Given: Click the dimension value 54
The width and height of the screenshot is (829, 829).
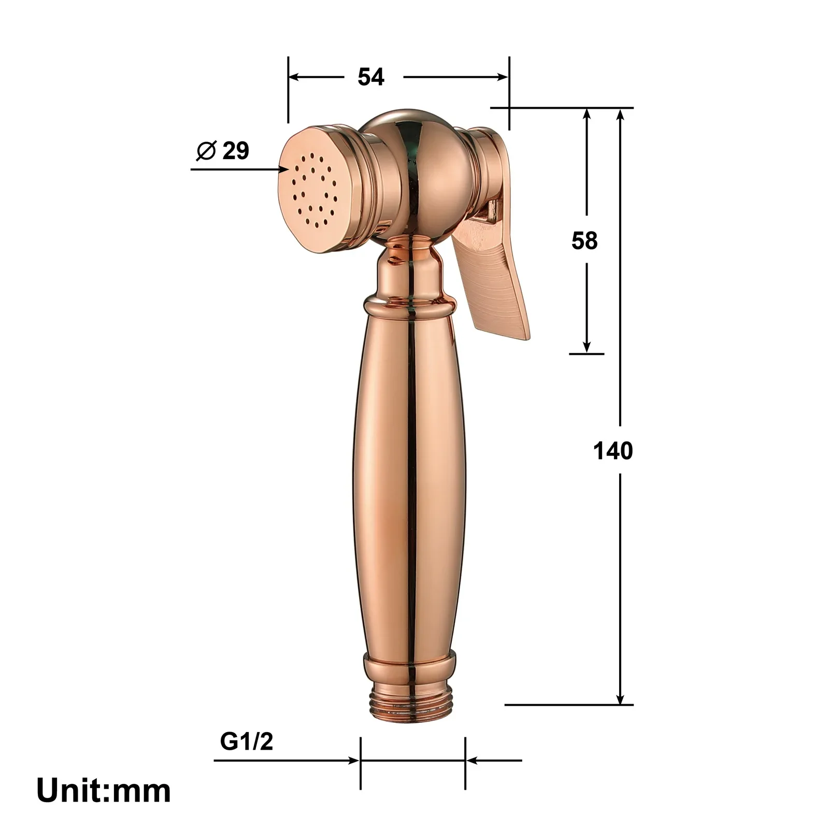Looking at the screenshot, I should coord(371,77).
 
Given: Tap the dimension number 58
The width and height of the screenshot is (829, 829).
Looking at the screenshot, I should coord(584,241).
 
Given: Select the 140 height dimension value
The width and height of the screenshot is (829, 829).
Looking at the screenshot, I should coord(613,451).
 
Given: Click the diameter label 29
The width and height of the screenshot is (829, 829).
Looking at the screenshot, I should coord(236,151).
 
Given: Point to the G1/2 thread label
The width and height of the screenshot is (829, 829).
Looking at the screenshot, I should coord(246,742).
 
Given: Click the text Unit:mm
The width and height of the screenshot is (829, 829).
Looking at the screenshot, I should coord(104,791).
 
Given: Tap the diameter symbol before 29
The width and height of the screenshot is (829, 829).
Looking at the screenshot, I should coord(206,151).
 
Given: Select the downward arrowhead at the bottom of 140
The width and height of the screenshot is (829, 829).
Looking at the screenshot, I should coord(621,699).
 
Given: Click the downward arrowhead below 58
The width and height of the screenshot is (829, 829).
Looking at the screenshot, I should coord(587,348).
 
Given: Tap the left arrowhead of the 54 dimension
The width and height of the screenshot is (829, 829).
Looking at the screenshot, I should coord(294,77).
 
